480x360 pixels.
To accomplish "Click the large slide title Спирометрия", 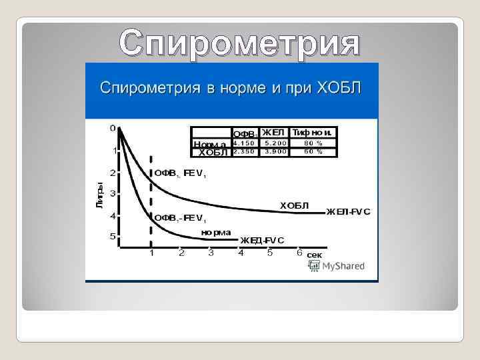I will pos(239,43).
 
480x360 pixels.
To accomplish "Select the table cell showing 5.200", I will pos(275,143).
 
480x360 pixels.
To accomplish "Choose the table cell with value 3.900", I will pos(275,151).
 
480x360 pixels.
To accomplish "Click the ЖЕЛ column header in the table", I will pos(273,132).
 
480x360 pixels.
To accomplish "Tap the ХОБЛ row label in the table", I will pos(213,152).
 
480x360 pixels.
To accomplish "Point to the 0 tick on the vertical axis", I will pos(113,127).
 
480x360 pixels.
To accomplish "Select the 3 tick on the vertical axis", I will pos(113,193).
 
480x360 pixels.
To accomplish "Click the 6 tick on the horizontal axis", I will pos(299,253).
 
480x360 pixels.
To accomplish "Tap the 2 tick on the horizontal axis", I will pos(181,253).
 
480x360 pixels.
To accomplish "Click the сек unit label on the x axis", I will pos(315,255).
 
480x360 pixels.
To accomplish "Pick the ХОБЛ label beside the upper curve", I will pos(294,205).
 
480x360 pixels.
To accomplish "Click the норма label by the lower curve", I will pos(216,232).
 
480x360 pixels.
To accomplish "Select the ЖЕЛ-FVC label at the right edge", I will pos(348,212).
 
